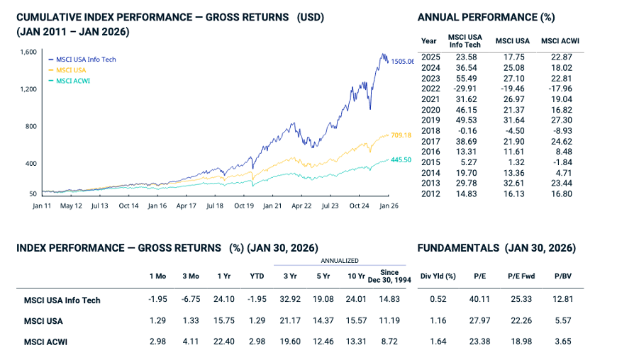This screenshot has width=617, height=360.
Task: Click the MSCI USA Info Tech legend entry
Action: point(86,60)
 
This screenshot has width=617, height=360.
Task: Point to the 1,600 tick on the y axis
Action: point(28,52)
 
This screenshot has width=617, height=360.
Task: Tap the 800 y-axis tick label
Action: point(31,127)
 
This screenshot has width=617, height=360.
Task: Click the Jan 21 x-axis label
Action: point(272,206)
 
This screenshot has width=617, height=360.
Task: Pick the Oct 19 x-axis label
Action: point(244,206)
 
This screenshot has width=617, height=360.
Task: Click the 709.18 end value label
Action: point(401,135)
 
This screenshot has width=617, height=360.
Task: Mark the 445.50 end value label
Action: point(401,160)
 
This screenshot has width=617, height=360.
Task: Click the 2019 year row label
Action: point(429,120)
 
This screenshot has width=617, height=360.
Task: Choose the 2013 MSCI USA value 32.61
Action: point(512,184)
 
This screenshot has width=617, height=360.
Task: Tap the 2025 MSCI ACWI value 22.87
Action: point(560,57)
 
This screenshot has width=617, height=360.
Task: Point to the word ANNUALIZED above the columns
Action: point(342,261)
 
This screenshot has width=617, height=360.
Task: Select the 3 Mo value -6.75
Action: point(191,300)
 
